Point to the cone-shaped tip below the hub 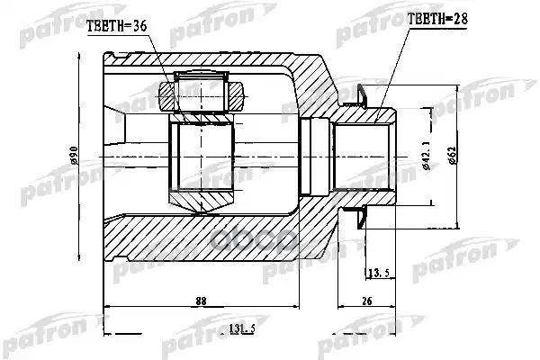point(203,204)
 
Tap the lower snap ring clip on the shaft point(357,216)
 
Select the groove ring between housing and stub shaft point(315,156)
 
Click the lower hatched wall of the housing point(207,236)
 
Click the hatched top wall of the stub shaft point(364,117)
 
